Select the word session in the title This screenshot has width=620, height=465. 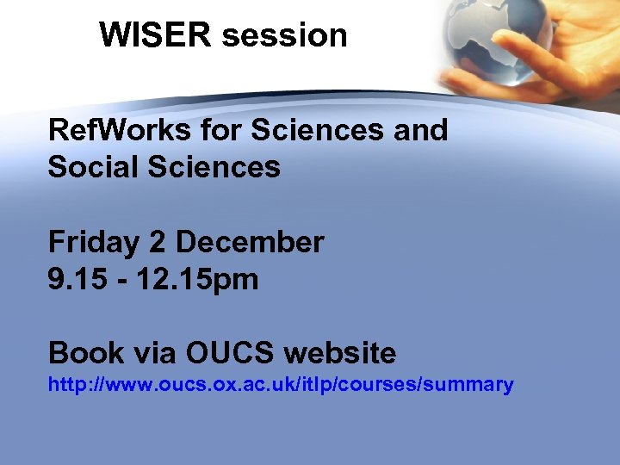click(x=285, y=35)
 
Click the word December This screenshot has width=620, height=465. click(x=249, y=242)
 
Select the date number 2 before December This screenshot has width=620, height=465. click(x=157, y=242)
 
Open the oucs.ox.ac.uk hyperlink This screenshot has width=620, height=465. click(x=281, y=385)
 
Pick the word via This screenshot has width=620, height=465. click(x=152, y=353)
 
